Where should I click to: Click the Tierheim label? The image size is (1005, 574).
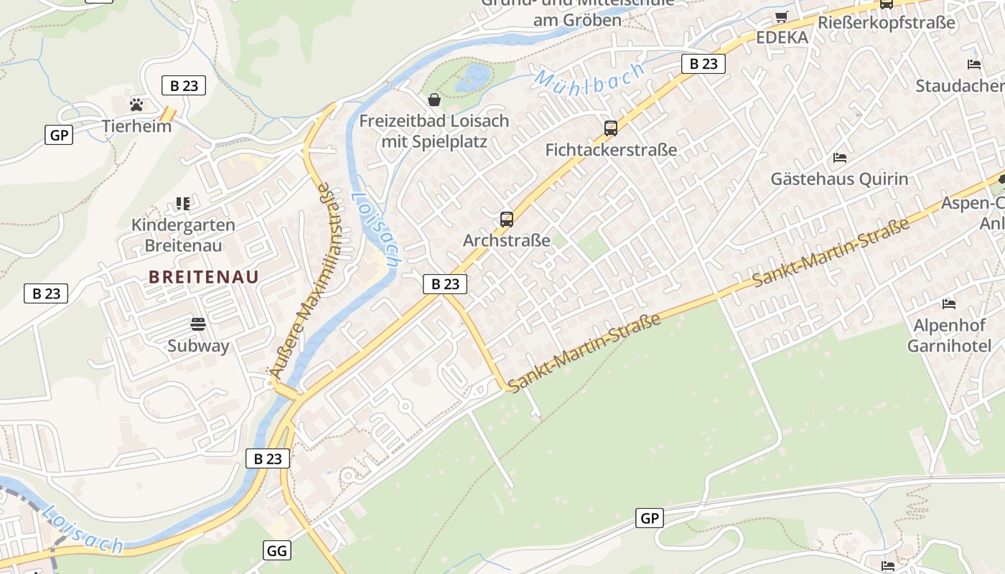[136, 126]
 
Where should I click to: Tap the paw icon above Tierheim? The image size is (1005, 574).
[136, 105]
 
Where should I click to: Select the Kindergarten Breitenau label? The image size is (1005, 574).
[183, 235]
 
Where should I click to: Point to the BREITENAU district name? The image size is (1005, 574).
[204, 276]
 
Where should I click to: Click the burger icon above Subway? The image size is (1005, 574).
[198, 324]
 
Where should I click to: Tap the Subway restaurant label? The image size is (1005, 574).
[198, 346]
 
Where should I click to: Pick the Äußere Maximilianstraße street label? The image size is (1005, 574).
[301, 280]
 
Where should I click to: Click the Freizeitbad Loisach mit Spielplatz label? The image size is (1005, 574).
[434, 131]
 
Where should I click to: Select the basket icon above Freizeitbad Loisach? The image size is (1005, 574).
[434, 100]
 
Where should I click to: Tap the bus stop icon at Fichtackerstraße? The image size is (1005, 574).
[611, 128]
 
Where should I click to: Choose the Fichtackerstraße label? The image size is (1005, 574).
[611, 150]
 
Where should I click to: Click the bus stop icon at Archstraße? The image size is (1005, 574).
[507, 220]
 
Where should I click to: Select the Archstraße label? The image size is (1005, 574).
[507, 240]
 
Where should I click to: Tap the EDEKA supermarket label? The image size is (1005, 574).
[782, 37]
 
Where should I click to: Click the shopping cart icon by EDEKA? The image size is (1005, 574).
[782, 17]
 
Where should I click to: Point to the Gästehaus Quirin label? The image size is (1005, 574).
[839, 179]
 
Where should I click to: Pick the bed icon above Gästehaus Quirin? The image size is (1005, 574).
[839, 158]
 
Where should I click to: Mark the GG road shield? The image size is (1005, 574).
[278, 550]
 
